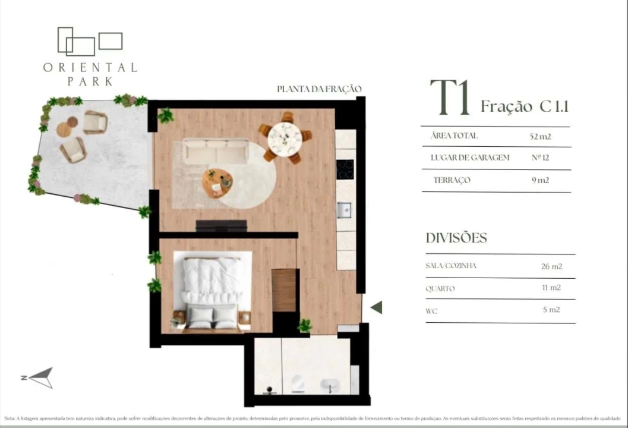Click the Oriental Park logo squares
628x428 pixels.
click(x=89, y=41)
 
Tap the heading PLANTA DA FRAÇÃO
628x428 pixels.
click(x=319, y=89)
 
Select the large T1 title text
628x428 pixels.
click(x=450, y=99)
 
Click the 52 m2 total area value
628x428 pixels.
click(x=540, y=136)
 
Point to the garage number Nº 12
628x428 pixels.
click(x=540, y=158)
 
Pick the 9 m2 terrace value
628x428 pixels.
click(x=540, y=180)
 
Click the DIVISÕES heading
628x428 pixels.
click(x=456, y=238)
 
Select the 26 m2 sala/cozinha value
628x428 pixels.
click(x=551, y=266)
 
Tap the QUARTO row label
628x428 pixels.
click(x=440, y=289)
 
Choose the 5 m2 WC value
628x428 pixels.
click(x=551, y=310)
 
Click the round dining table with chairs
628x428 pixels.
click(x=285, y=138)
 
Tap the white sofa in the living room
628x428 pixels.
click(x=216, y=152)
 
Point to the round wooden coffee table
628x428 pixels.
click(x=217, y=181)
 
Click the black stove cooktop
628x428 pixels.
click(x=345, y=169)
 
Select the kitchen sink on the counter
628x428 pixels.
click(x=345, y=210)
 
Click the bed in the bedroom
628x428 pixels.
click(x=212, y=289)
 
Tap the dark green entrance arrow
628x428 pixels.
click(x=376, y=307)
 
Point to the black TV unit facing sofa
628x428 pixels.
click(x=221, y=226)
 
